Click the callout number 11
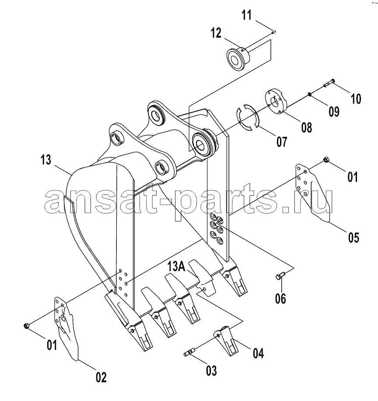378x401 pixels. pos(247,15)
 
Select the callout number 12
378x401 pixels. pos(216,33)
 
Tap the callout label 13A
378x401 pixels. pos(176,266)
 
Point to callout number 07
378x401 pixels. pos(282,142)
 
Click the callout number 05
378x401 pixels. pos(353,237)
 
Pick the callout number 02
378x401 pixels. pos(101,377)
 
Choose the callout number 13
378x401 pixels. pos(46,160)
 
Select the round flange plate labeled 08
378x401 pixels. pos(276,101)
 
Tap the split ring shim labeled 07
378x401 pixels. pos(248,117)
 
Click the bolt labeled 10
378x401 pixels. pos(329,83)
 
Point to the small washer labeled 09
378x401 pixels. pos(309,95)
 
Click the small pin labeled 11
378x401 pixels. pos(273,32)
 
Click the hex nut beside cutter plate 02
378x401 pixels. pos(26,325)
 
